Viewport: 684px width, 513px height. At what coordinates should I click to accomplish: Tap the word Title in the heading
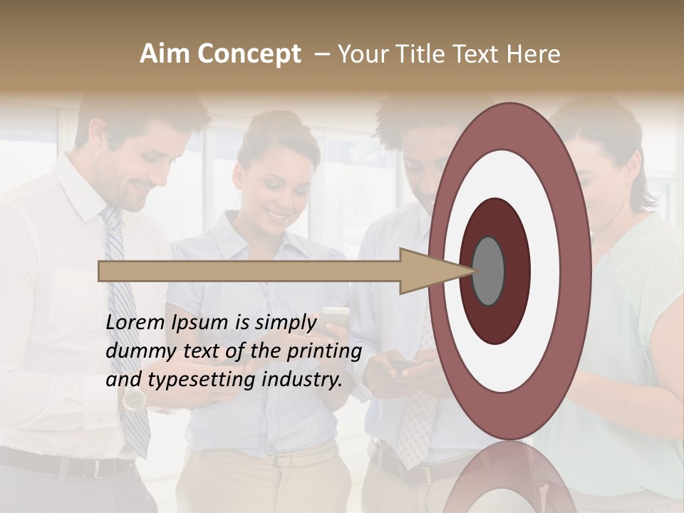click(423, 54)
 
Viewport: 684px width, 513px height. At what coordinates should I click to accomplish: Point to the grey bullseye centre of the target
click(489, 271)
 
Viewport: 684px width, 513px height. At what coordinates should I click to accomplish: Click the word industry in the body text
click(302, 380)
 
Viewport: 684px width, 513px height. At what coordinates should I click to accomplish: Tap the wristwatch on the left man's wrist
click(133, 400)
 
